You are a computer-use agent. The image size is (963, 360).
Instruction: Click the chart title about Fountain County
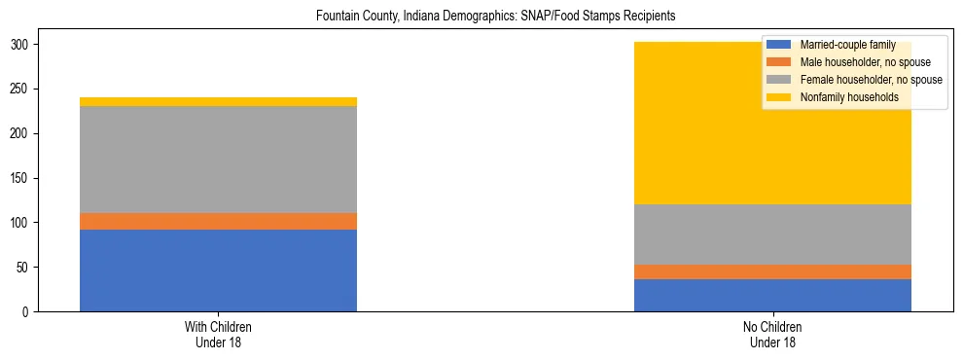[x=481, y=17]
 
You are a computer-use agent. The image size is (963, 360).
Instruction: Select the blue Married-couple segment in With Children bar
[x=218, y=270]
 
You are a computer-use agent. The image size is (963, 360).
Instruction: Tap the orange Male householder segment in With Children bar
[x=218, y=221]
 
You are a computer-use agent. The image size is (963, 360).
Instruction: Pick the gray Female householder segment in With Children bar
[x=218, y=160]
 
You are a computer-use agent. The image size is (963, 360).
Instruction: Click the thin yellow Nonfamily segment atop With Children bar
[x=218, y=101]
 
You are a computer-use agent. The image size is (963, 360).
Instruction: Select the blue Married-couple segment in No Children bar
[x=772, y=295]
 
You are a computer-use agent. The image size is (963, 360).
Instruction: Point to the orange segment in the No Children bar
[x=772, y=271]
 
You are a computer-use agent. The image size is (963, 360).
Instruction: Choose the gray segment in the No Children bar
[x=772, y=234]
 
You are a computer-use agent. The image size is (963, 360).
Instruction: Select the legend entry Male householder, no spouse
[x=851, y=63]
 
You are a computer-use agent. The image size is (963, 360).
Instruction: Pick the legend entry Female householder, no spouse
[x=856, y=80]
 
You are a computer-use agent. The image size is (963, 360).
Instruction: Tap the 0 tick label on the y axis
[x=32, y=311]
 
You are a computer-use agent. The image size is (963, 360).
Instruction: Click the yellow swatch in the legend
[x=779, y=97]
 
